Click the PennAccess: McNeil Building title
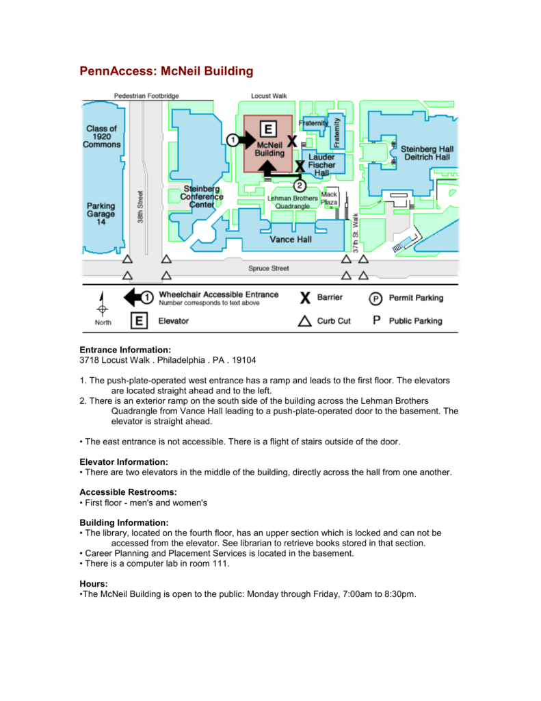click(166, 71)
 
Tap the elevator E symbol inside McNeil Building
click(268, 129)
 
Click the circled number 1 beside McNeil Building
click(233, 140)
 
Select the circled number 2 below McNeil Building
click(300, 186)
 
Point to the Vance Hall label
click(291, 240)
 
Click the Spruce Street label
click(269, 268)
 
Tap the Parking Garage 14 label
click(101, 214)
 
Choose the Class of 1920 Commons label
click(101, 136)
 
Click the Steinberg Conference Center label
click(202, 196)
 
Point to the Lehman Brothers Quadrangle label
click(293, 202)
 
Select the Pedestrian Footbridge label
click(146, 96)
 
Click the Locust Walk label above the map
click(269, 96)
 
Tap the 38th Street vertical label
click(140, 207)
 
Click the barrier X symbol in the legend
click(305, 298)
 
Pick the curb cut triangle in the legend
click(304, 321)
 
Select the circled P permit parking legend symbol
click(375, 298)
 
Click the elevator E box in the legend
click(139, 320)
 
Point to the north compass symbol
click(103, 305)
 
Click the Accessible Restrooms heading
click(128, 492)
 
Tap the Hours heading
click(94, 584)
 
